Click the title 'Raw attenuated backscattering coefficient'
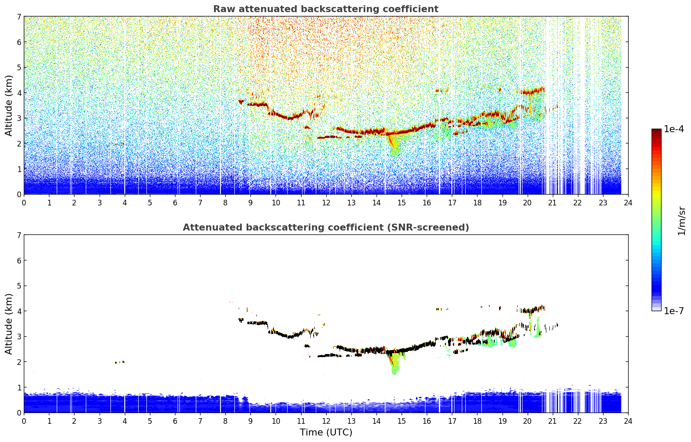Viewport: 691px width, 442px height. tap(325, 9)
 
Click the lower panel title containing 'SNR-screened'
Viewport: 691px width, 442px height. tap(325, 227)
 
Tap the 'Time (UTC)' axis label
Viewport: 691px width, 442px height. tap(326, 432)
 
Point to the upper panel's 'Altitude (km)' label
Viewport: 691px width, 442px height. tap(9, 105)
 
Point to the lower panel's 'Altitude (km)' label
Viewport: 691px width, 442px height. tap(9, 324)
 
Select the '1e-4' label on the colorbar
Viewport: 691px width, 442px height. tap(674, 129)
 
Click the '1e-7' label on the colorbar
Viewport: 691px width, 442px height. tap(674, 311)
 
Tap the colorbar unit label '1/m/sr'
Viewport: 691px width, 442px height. tap(681, 221)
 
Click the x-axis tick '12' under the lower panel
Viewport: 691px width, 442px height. tap(326, 421)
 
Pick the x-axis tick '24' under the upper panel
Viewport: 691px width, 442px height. tap(628, 202)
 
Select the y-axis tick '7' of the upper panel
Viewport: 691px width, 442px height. tap(19, 16)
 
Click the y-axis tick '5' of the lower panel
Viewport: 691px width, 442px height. tap(19, 286)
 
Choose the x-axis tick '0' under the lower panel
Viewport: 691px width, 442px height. tap(24, 421)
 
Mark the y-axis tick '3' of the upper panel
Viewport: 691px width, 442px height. tap(19, 118)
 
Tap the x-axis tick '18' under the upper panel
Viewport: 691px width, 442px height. tap(477, 202)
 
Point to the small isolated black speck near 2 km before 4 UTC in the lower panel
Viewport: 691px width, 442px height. tap(120, 362)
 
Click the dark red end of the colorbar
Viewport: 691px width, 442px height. tap(656, 131)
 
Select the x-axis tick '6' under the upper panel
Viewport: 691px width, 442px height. tap(175, 202)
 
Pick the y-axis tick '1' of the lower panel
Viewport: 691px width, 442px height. tap(19, 387)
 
